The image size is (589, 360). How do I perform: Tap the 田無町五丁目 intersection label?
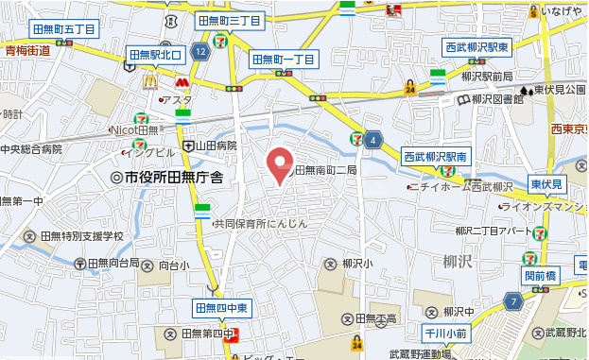63,29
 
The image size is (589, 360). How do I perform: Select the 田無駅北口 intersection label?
154,54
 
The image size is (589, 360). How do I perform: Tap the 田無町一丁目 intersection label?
284,60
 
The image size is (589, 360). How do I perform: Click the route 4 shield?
374,141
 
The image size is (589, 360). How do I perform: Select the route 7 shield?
513,301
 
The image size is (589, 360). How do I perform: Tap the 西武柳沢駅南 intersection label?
436,156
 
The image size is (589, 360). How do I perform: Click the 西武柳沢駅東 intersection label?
477,46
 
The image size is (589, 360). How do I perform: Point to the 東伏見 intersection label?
546,184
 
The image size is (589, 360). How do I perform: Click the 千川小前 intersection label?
445,333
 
